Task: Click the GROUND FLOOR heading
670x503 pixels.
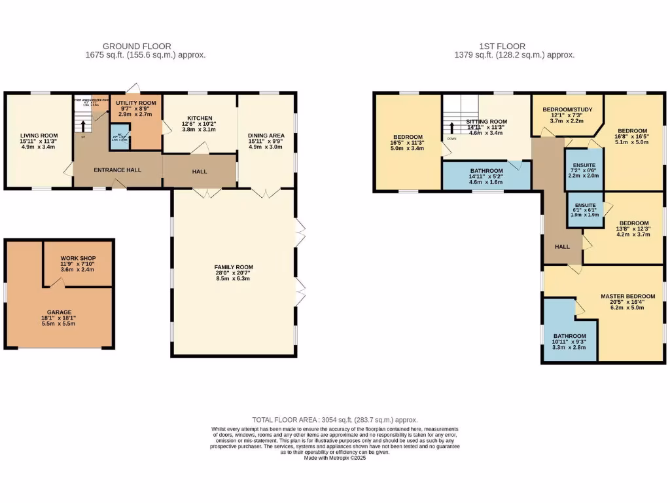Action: [x=145, y=47]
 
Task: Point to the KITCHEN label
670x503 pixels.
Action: [x=200, y=119]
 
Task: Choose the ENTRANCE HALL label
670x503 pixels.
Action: [x=117, y=170]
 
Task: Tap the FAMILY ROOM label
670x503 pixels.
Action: [x=234, y=267]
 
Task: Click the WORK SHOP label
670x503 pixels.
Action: [x=78, y=259]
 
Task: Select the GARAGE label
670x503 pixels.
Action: [x=59, y=312]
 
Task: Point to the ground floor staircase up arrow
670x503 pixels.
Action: [x=83, y=125]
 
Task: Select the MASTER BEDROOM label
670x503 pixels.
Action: [x=627, y=297]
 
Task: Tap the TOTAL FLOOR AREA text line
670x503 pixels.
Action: [x=334, y=420]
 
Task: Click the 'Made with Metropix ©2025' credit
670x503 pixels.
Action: [x=334, y=458]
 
